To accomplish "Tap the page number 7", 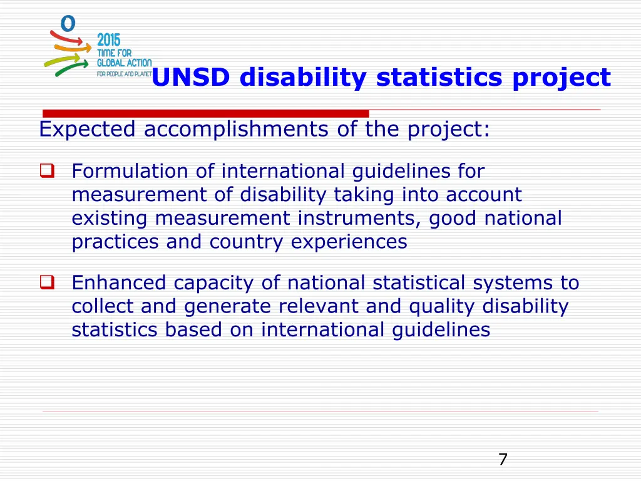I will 503,460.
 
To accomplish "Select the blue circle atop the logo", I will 68,23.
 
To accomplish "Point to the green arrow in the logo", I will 71,66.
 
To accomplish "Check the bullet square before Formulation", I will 47,170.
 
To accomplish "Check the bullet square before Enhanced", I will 47,282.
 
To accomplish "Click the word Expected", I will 87,130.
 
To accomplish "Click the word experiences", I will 349,242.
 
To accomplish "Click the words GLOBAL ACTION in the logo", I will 124,63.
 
